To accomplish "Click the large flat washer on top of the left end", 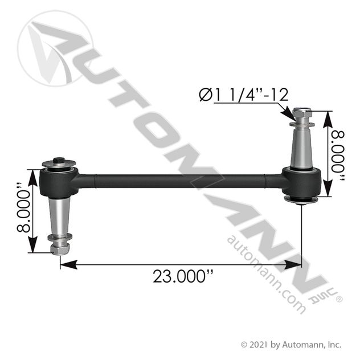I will pos(59,166).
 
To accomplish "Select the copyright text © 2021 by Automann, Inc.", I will pos(291,344).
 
